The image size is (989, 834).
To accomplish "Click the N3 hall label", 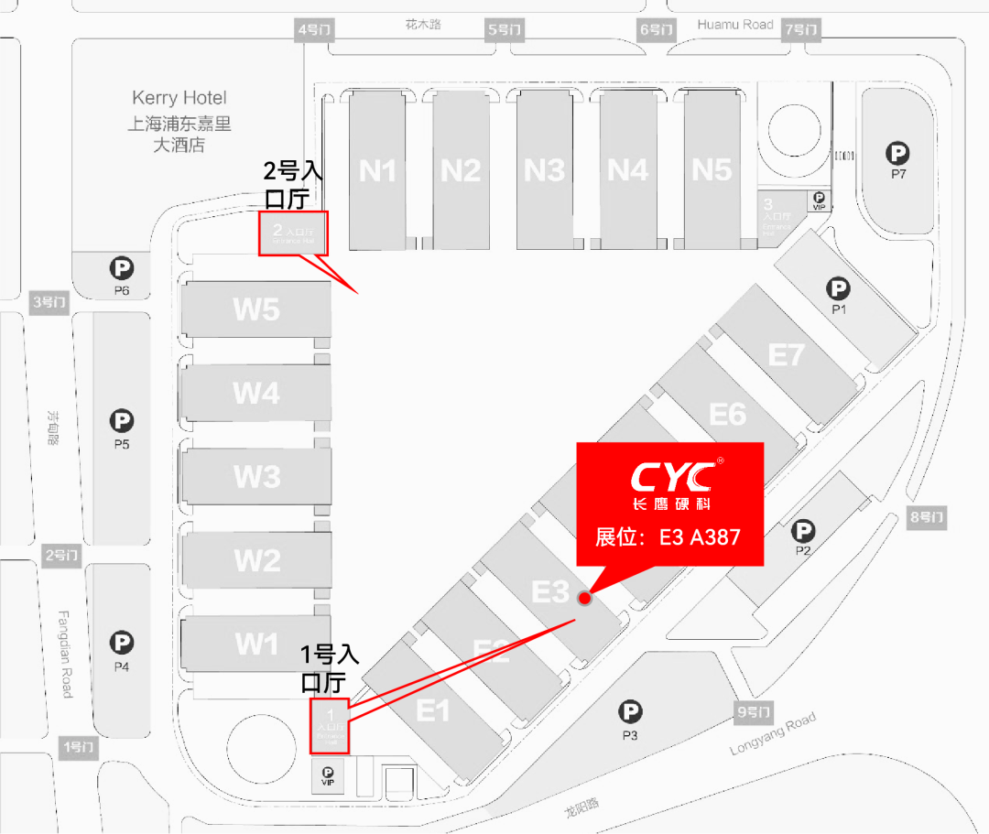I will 544,170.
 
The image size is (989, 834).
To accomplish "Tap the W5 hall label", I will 256,309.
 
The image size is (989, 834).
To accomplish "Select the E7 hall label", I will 785,353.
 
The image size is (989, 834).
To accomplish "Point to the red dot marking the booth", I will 584,598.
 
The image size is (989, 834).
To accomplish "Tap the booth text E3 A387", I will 668,537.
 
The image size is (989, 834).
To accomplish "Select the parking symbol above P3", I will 629,711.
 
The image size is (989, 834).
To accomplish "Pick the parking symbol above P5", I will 122,421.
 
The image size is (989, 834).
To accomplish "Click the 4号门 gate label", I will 316,30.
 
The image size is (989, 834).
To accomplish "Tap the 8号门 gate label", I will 927,518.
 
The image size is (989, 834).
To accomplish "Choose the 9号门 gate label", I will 755,711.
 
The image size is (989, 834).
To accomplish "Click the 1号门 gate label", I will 78,746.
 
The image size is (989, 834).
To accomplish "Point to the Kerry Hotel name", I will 179,98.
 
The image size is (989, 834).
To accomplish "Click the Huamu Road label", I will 735,25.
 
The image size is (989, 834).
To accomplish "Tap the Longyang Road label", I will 773,734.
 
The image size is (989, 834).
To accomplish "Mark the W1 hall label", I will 256,644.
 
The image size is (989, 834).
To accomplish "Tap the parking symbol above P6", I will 122,269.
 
